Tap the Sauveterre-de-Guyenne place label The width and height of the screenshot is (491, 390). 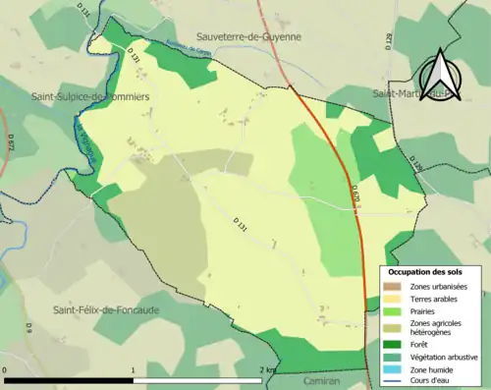250,36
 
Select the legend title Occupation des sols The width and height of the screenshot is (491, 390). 425,271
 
